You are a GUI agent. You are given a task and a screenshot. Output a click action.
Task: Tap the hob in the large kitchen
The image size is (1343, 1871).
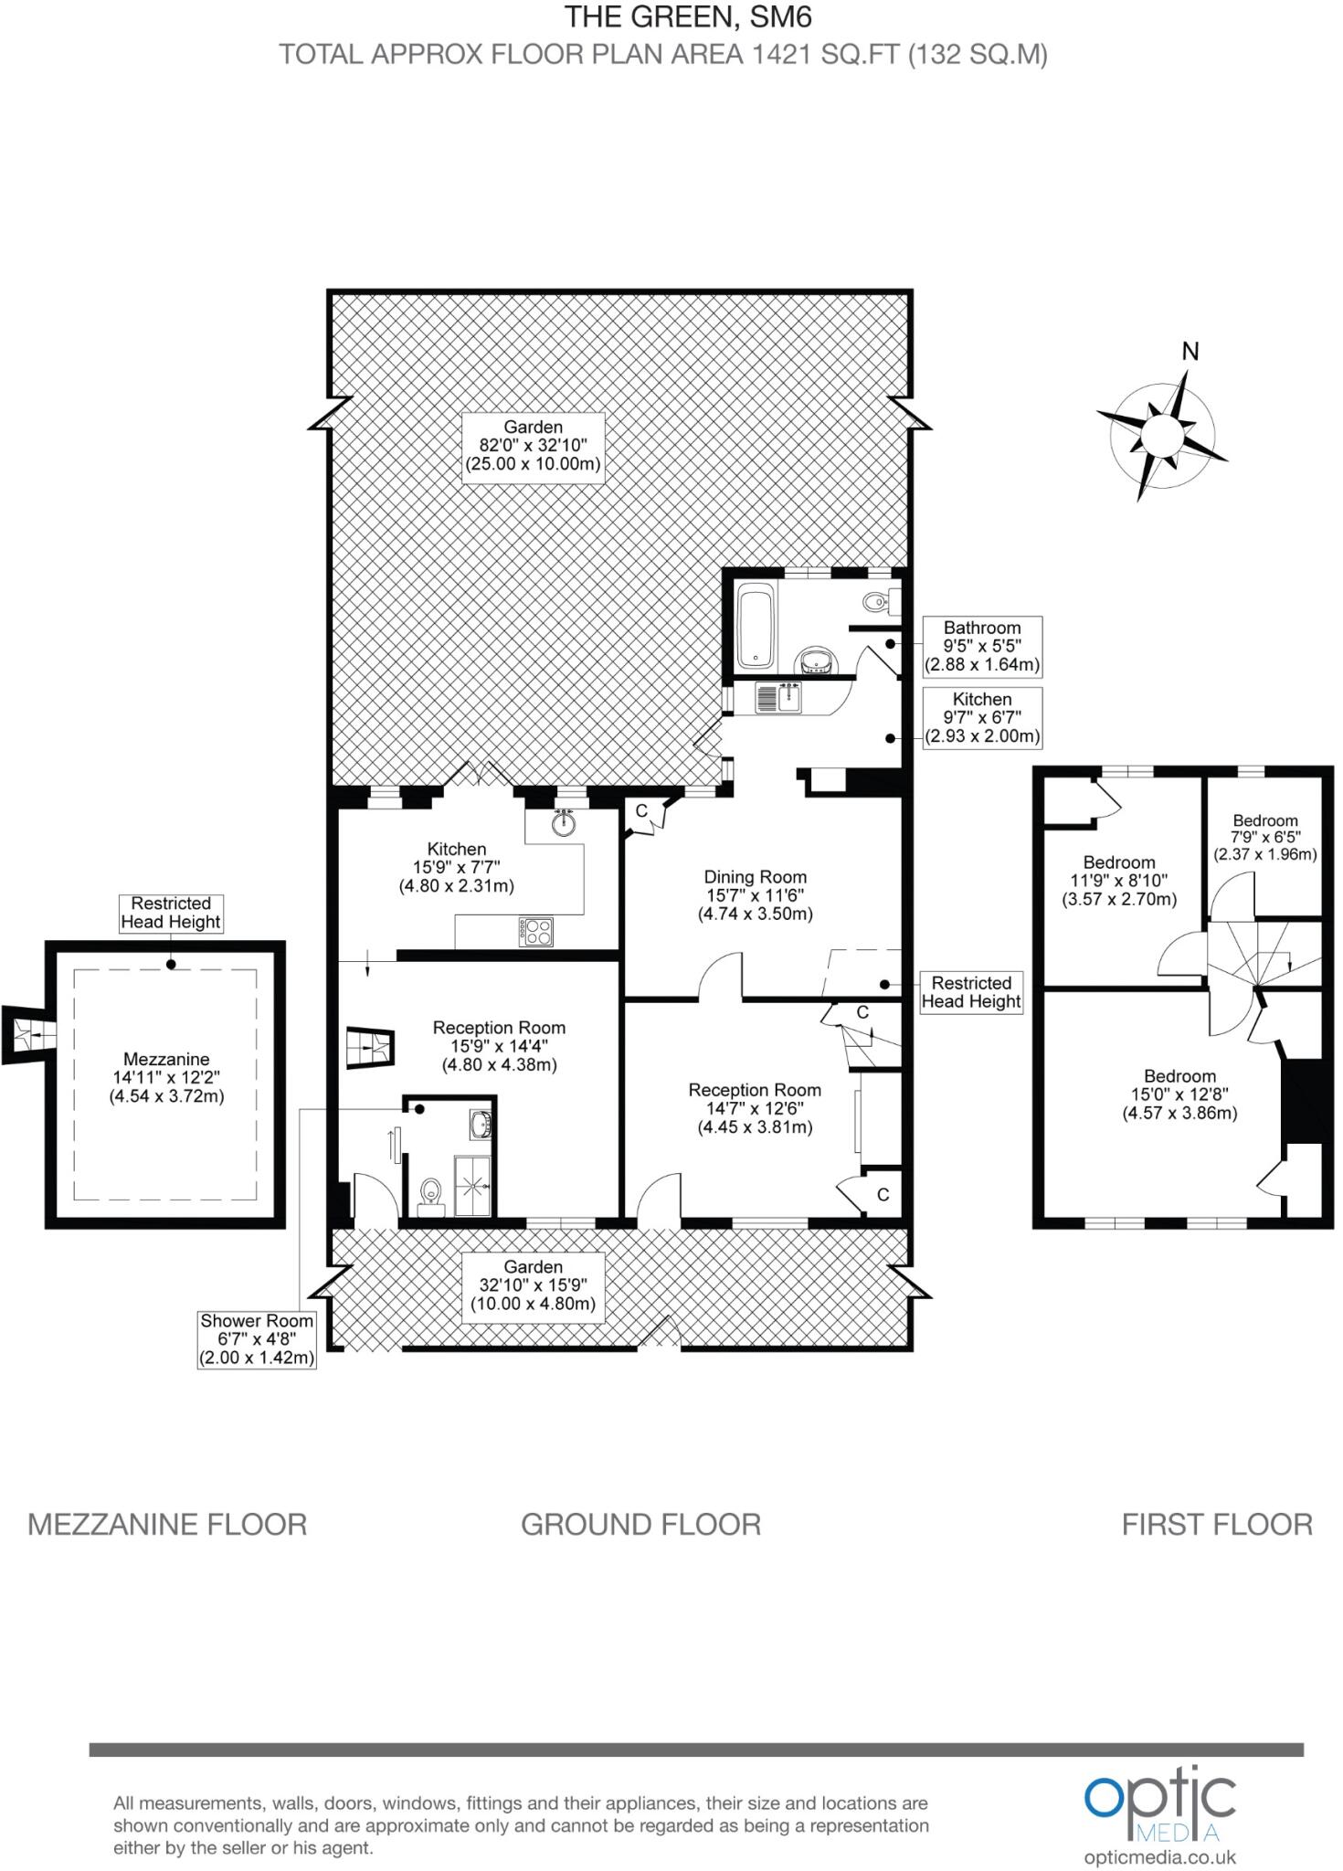(x=536, y=931)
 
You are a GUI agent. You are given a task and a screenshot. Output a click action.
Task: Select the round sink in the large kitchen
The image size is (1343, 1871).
(x=565, y=824)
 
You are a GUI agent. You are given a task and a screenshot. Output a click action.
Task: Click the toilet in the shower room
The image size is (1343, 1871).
(x=429, y=1195)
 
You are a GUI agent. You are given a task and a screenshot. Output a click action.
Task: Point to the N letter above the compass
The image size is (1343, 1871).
(x=1190, y=352)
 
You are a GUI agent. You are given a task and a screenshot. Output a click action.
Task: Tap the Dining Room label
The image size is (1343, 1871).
(x=755, y=894)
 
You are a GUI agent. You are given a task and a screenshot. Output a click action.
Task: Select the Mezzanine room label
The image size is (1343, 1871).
(x=166, y=1077)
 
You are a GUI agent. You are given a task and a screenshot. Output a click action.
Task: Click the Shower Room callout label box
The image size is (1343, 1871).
(x=257, y=1338)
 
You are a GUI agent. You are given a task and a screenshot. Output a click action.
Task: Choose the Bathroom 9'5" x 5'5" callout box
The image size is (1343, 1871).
(x=981, y=646)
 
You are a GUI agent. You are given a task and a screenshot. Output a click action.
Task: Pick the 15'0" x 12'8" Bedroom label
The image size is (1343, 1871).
(x=1179, y=1094)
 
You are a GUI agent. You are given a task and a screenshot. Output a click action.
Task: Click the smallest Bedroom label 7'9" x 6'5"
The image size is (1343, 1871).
(x=1264, y=837)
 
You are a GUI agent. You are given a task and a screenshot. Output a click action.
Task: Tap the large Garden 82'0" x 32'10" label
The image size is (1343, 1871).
(x=534, y=445)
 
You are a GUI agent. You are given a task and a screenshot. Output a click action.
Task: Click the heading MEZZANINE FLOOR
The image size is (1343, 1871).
(x=167, y=1524)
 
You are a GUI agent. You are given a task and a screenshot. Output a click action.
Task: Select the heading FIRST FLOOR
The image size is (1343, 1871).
(x=1217, y=1524)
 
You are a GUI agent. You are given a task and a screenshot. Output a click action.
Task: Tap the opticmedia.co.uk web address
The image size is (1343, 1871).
(x=1159, y=1856)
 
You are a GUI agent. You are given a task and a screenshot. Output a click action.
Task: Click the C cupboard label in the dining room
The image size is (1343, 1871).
(x=641, y=810)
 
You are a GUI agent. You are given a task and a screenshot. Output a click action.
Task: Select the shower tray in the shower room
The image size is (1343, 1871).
(x=475, y=1186)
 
